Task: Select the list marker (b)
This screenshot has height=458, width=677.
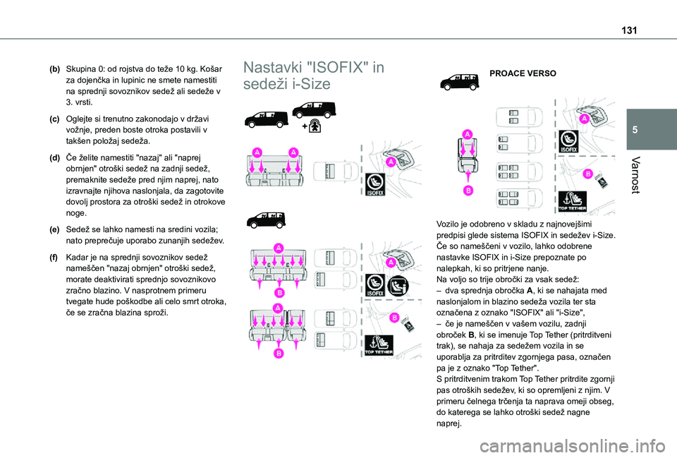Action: (55, 70)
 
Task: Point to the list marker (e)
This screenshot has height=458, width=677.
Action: (55, 229)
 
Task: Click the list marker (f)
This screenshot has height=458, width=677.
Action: (55, 258)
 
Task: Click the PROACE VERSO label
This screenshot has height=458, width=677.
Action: (523, 73)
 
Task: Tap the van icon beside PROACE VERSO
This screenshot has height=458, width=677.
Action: (459, 82)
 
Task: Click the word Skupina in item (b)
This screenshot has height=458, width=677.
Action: (80, 70)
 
